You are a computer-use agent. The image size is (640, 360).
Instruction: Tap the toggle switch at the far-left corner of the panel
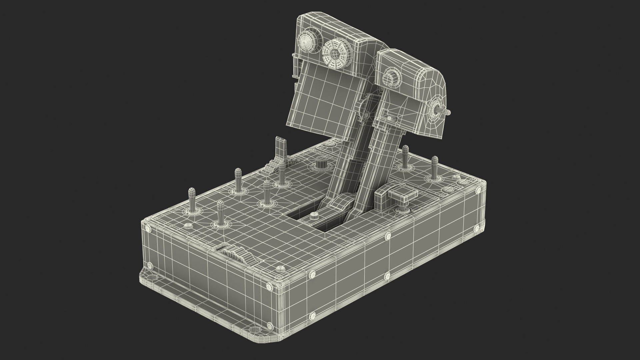pos(192,200)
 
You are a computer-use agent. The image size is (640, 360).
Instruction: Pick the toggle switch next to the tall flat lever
pos(282,173)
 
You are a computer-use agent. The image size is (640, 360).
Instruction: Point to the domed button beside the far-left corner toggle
pos(188,226)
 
